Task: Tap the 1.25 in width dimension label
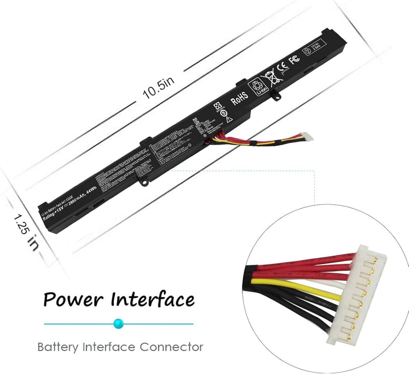(25, 232)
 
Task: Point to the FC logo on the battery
(294, 60)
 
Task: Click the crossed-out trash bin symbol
(269, 78)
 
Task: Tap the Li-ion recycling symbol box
(254, 86)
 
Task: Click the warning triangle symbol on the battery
(230, 119)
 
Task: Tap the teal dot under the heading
(119, 323)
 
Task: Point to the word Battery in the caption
(57, 347)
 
